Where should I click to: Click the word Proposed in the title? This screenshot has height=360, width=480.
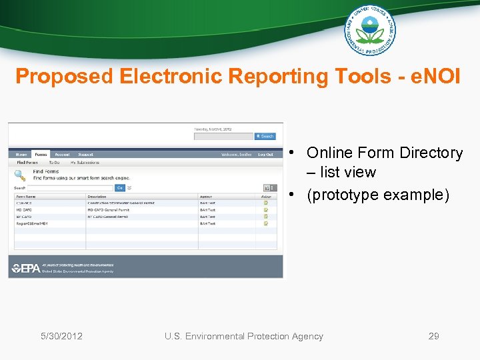[64, 77]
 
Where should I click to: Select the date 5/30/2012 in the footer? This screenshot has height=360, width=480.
[61, 336]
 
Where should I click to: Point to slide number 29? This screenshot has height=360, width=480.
[433, 336]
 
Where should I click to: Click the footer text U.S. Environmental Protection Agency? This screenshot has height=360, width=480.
[243, 336]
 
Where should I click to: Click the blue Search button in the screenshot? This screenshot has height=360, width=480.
[265, 136]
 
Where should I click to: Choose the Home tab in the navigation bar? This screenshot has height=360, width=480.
[22, 154]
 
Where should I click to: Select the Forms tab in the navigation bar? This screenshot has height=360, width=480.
[41, 154]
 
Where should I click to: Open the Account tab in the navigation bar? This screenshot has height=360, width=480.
[62, 154]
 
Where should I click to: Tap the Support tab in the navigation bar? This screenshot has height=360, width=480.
[85, 154]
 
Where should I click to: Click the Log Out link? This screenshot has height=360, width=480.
[265, 154]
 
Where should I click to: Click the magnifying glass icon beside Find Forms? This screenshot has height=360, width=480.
[20, 176]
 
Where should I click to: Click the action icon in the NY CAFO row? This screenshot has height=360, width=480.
[266, 217]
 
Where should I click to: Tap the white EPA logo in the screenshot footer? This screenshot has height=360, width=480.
[26, 268]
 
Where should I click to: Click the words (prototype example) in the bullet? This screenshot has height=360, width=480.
[378, 195]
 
